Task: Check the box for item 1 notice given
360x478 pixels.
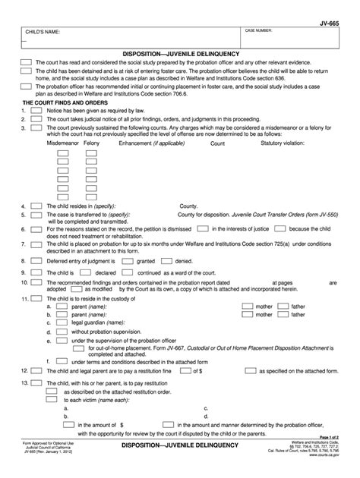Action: [x=36, y=110]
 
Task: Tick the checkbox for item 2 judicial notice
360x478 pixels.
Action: [x=36, y=118]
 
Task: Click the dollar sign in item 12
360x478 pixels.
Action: [x=195, y=372]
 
